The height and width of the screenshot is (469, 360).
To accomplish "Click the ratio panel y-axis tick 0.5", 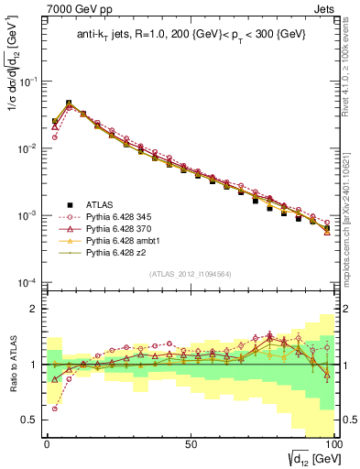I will (x=30, y=420).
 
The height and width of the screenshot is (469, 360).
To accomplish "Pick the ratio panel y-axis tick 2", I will (x=35, y=309).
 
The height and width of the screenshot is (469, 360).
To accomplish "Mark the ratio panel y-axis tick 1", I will (x=35, y=365).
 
